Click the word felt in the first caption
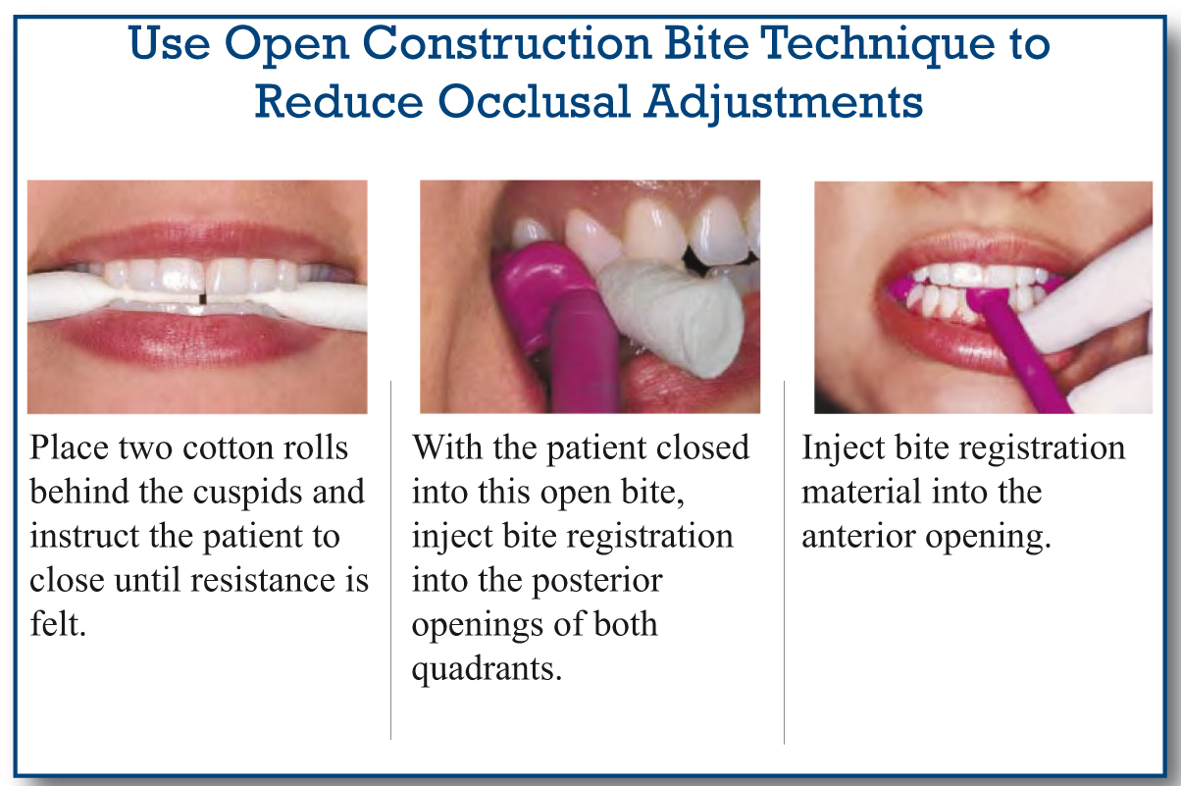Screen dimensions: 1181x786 [58, 623]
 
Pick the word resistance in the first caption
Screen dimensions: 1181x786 [262, 580]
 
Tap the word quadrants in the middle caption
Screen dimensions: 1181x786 [487, 670]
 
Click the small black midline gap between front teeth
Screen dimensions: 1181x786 [202, 298]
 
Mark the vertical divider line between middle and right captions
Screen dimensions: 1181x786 [785, 562]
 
